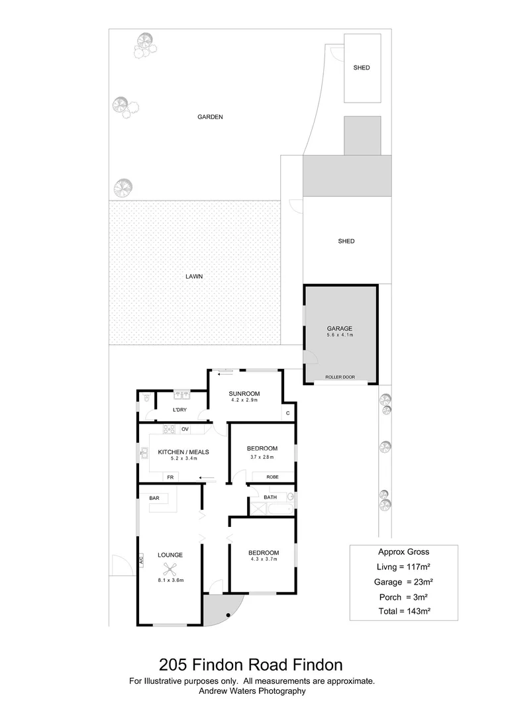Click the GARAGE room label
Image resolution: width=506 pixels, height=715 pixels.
[339, 328]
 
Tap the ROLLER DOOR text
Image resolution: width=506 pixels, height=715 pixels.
[340, 377]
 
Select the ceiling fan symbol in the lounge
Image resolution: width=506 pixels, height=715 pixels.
[171, 568]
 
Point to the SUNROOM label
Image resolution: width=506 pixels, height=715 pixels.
[245, 394]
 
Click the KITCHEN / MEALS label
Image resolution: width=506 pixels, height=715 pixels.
[183, 452]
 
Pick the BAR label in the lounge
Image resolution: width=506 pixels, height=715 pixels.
[154, 497]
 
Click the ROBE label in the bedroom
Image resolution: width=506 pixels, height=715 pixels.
[272, 477]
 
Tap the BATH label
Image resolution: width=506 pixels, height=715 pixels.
[270, 497]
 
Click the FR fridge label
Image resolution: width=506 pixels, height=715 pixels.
[170, 477]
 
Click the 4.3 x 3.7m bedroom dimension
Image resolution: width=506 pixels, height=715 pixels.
[263, 559]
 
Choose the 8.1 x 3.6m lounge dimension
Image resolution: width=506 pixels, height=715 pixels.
[170, 581]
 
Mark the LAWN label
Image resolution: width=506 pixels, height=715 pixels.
[194, 277]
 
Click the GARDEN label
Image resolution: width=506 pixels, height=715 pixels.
[210, 117]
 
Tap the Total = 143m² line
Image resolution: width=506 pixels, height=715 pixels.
[403, 611]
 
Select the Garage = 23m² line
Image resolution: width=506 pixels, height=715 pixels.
[403, 582]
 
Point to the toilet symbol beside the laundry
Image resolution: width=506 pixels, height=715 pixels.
[146, 400]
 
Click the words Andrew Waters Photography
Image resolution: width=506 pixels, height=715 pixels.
[252, 691]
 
